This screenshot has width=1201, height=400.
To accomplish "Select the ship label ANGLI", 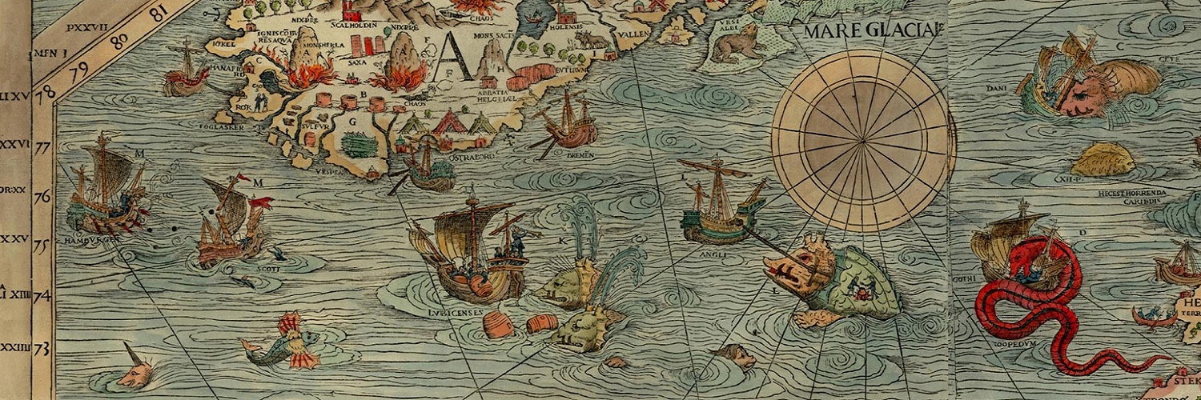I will coord(713,256).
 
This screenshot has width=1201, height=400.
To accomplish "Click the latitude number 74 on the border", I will coord(41,297).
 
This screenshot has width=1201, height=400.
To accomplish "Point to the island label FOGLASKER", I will coord(223,125).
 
